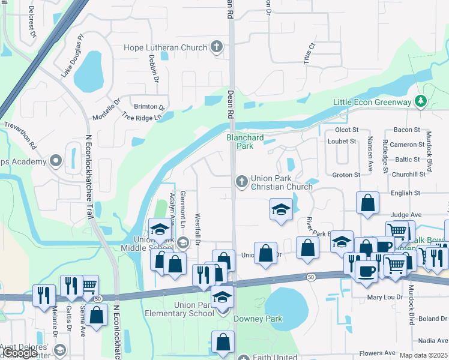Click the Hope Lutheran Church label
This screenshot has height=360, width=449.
(x=165, y=47)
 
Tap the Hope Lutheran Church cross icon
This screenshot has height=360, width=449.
(x=217, y=47)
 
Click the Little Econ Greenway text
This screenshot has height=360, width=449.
(x=372, y=102)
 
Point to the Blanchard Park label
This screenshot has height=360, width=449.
(x=244, y=142)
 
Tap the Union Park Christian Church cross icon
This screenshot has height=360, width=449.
(x=241, y=181)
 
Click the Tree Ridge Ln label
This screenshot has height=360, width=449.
(x=143, y=117)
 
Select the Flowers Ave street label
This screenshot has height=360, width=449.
(x=377, y=353)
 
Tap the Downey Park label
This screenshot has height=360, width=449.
(x=258, y=319)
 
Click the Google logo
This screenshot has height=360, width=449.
(x=21, y=353)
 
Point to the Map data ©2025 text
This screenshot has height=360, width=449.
(x=423, y=355)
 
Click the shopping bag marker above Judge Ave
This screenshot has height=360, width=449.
(x=367, y=203)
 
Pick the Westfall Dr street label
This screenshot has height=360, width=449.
(x=197, y=230)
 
